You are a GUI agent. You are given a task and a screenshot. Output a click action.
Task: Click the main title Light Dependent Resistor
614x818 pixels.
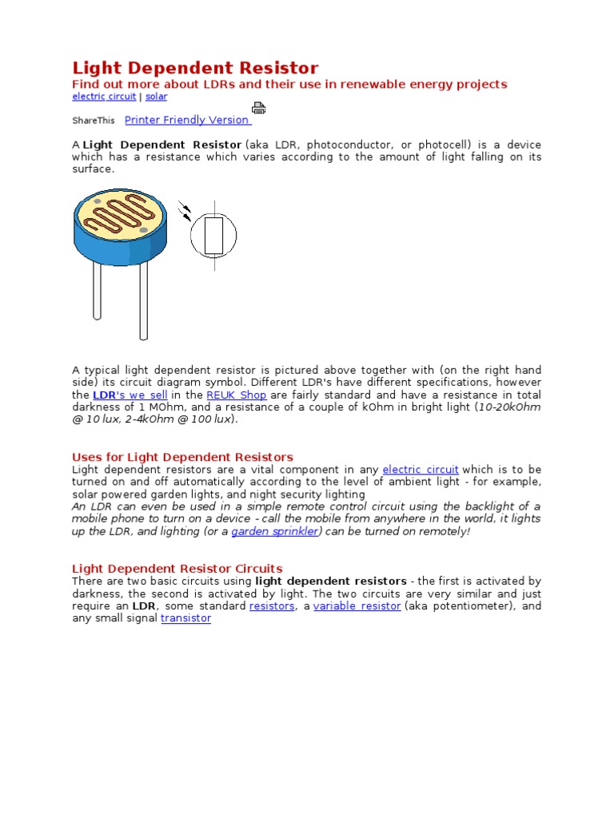195,69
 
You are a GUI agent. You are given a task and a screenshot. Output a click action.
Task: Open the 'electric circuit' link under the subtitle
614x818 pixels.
104,97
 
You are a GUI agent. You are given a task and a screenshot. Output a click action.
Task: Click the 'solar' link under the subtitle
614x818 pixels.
156,97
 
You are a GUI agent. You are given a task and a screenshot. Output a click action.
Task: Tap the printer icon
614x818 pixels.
258,108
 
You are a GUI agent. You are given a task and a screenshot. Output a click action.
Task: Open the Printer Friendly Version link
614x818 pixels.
188,120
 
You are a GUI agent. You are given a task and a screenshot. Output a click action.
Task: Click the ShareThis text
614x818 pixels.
94,121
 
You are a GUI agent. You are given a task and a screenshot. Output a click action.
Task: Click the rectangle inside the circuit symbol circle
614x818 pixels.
213,236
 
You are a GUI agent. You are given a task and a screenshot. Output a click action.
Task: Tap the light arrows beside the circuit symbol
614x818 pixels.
185,210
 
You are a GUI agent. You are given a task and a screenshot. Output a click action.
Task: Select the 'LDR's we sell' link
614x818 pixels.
130,395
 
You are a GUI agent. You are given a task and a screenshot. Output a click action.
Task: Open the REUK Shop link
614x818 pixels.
236,395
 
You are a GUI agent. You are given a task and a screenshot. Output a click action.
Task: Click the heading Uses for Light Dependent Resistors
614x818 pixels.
182,457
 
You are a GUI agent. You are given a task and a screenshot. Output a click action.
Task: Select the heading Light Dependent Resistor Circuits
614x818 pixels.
177,569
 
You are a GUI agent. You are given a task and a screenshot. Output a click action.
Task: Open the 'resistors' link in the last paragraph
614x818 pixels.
272,606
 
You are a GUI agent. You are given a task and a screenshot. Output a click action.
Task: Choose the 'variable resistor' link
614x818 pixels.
357,606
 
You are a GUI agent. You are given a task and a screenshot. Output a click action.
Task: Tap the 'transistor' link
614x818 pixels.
185,618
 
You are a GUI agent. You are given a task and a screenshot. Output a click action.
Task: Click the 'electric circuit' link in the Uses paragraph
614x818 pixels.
421,470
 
